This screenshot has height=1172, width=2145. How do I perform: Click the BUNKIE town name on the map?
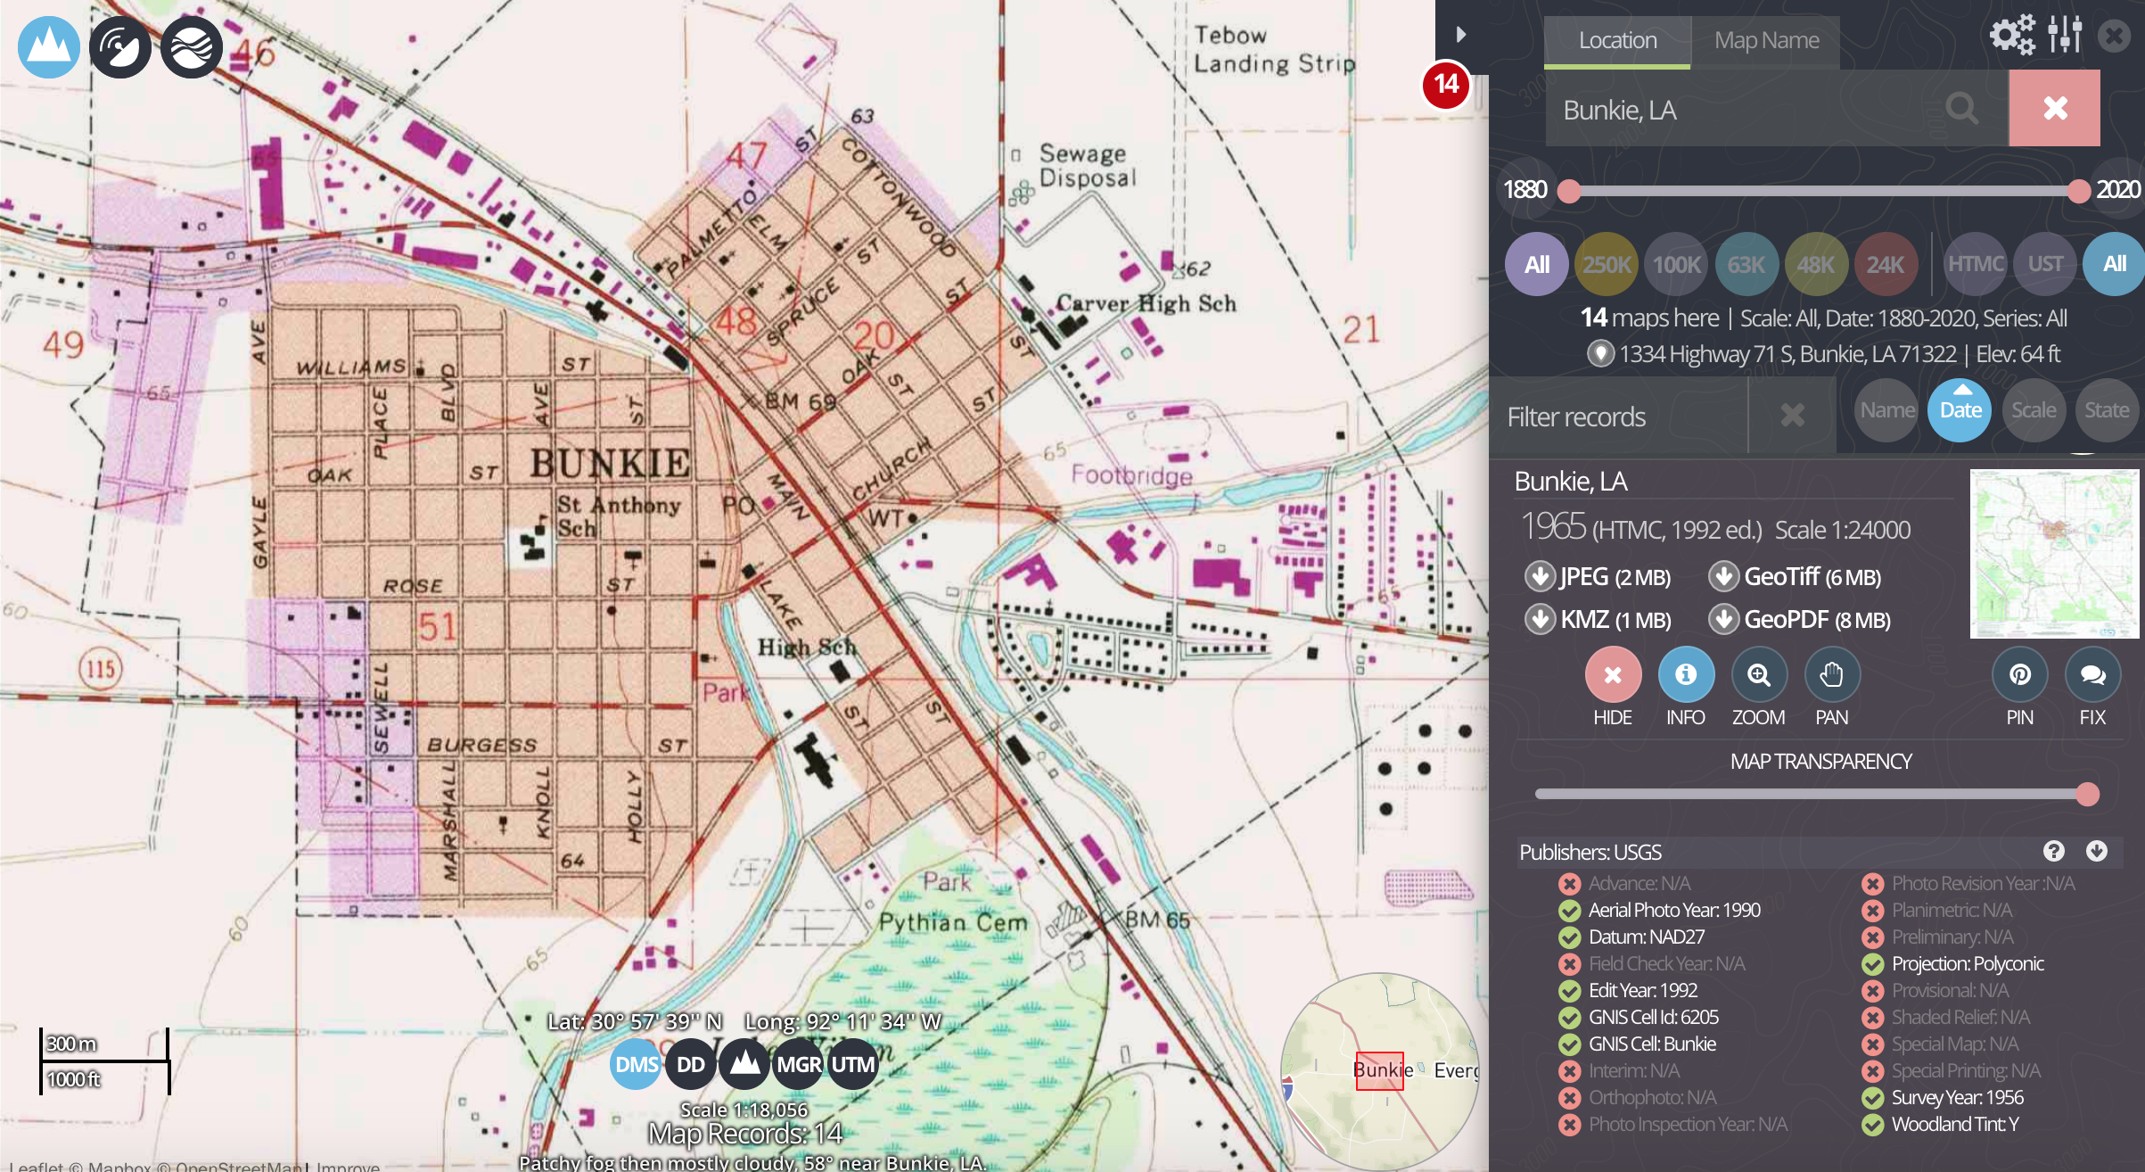coord(610,463)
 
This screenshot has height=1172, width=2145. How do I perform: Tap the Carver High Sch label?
coord(1146,304)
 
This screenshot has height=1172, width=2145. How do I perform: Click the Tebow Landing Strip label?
coord(1273,50)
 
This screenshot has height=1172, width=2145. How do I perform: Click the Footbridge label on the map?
coord(1131,475)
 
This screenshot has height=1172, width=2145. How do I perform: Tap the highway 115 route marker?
coord(101,669)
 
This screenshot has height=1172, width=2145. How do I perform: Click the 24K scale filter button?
coord(1885,264)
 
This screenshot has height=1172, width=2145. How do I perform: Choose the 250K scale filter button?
coord(1607,264)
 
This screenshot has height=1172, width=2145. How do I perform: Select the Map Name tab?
coord(1766,41)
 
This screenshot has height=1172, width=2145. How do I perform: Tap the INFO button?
coord(1685,675)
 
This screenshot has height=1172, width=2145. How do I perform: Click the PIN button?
coord(2019,675)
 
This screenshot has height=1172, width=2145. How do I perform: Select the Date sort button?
coord(1960,410)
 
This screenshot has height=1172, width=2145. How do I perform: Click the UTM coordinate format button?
coord(853,1064)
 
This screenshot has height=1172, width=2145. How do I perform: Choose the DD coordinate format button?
coord(691,1064)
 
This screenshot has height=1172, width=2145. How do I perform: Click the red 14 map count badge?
coord(1445,86)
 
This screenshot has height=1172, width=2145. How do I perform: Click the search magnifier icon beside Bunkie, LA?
coord(1961,109)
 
